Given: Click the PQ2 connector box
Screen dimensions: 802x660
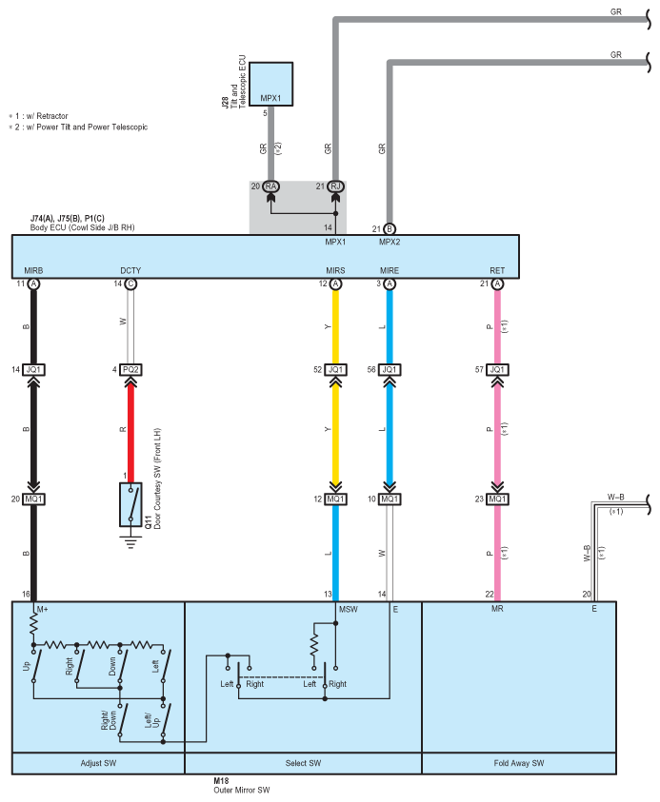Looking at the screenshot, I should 130,369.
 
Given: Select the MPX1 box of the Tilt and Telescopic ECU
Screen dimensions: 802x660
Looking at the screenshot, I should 270,85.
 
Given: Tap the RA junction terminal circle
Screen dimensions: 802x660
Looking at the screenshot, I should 270,186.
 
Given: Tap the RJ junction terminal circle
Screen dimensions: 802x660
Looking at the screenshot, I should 335,186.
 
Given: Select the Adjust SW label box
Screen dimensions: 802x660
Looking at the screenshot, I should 98,763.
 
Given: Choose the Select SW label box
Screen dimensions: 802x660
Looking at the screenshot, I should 303,763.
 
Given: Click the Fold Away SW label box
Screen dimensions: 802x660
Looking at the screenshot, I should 519,763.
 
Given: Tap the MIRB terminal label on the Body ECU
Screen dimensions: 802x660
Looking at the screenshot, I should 34,271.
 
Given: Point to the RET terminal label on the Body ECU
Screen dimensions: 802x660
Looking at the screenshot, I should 497,271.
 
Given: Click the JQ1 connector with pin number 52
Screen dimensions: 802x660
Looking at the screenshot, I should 335,369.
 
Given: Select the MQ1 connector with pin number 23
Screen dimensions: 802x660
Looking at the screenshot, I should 497,499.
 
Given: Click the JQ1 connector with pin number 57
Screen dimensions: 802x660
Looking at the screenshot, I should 497,369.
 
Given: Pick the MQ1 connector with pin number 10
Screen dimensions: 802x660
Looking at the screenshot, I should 389,499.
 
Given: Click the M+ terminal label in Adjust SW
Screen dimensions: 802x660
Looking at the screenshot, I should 42,608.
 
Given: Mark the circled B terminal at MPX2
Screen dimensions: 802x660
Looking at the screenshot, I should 389,228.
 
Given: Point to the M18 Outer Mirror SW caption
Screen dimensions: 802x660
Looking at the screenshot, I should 242,784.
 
